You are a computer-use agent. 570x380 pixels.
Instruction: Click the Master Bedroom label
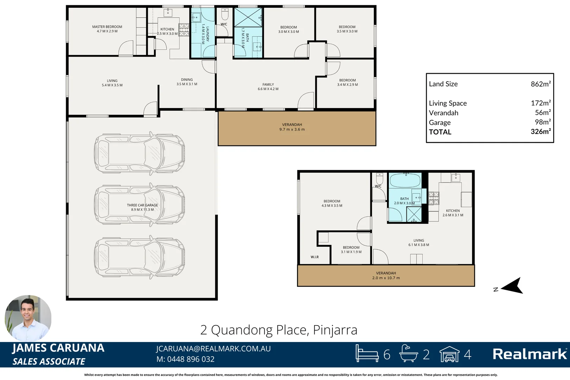point(107,29)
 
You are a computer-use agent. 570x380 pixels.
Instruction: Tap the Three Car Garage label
point(142,207)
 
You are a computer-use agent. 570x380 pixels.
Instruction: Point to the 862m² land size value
point(540,84)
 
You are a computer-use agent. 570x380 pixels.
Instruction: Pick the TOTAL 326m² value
point(540,132)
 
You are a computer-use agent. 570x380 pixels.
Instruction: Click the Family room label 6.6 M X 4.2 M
point(268,87)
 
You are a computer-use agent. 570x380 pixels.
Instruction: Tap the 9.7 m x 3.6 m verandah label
point(292,127)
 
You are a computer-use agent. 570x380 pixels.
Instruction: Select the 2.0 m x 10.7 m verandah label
point(386,275)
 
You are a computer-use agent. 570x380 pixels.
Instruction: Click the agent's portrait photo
point(28,318)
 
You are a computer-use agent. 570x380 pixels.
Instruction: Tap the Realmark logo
point(530,354)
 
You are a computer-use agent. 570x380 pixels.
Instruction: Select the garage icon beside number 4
point(449,354)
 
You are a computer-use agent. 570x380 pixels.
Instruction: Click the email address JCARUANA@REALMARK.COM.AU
point(213,349)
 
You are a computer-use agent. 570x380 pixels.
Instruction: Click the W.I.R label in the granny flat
point(315,257)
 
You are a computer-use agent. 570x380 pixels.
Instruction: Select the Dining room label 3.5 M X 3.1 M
point(187,82)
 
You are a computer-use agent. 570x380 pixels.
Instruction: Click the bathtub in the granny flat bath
point(405,180)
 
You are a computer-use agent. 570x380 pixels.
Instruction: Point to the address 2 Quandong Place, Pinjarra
point(279,330)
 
